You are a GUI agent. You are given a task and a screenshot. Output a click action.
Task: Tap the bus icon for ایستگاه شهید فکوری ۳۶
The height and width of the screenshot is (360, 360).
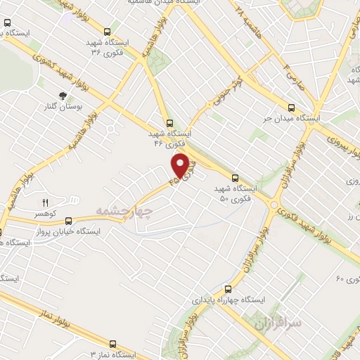(107, 32)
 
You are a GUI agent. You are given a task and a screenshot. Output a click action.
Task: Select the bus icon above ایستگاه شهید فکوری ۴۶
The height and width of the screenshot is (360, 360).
(168, 122)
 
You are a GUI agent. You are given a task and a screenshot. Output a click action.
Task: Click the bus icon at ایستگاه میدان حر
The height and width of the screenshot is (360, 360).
(293, 108)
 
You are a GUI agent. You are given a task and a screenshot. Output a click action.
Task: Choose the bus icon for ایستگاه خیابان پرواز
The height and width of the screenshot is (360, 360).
(1, 231)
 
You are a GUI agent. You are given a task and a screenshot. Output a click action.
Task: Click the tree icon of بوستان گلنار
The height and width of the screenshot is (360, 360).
(63, 94)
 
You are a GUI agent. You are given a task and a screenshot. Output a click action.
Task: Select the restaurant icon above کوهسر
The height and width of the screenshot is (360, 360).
(45, 202)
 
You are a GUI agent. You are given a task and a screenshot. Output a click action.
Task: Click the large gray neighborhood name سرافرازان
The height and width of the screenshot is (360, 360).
(278, 323)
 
